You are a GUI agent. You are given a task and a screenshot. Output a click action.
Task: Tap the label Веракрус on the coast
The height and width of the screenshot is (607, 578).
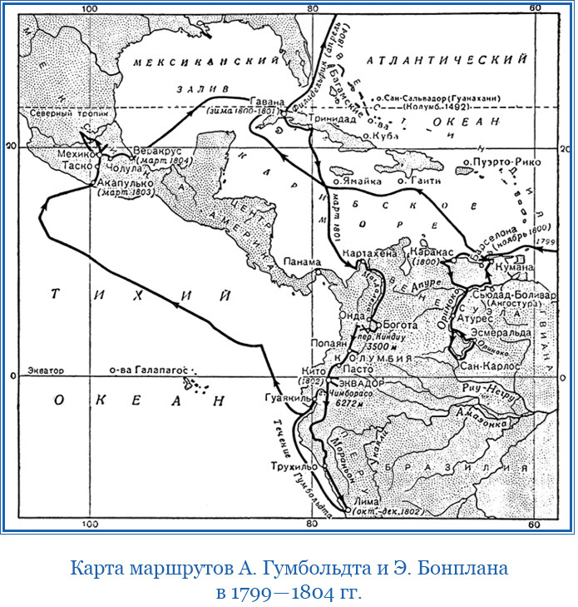tap(153, 151)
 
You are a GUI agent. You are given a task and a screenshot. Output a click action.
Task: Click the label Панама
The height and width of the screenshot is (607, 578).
tap(301, 261)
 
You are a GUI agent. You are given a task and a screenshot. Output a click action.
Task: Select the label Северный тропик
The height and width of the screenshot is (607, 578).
tap(57, 113)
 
